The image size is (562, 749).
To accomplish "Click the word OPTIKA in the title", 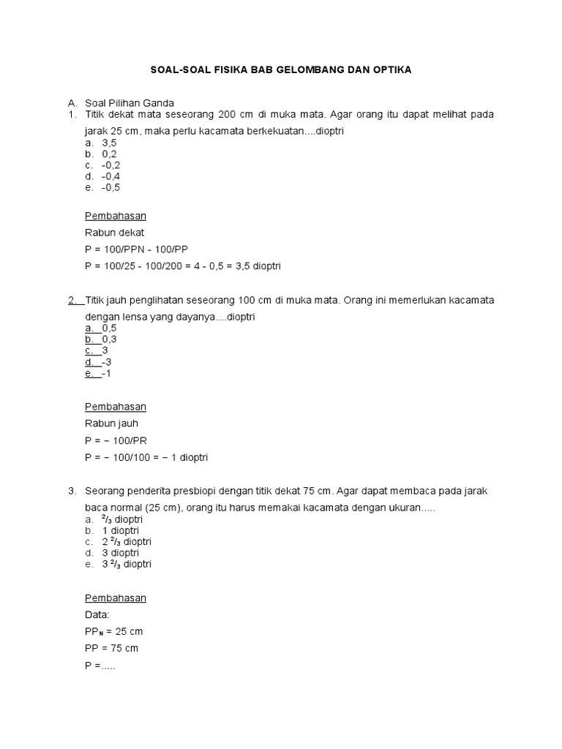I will point(391,70).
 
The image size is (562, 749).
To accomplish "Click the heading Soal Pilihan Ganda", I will point(130,102).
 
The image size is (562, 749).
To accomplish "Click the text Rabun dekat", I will point(115,233).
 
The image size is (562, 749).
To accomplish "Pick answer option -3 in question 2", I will point(107,362).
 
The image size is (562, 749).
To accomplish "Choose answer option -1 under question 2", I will point(107,373).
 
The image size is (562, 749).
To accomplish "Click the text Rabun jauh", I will point(112,424).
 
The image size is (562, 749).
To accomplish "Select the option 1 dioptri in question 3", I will point(120,530).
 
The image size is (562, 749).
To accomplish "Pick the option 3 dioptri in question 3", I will point(120,553).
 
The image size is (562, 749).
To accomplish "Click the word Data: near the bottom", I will point(97,615).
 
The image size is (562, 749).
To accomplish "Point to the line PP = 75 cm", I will point(111,648).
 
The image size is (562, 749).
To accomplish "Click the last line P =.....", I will point(100,666).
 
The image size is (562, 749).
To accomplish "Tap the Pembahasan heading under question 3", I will point(116,598).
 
